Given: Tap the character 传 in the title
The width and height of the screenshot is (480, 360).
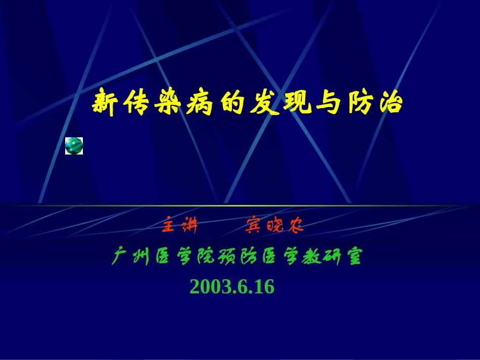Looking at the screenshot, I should pyautogui.click(x=138, y=103).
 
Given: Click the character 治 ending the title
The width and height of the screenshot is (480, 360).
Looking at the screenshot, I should pyautogui.click(x=391, y=103).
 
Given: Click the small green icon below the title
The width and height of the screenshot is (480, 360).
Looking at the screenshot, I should pyautogui.click(x=74, y=145).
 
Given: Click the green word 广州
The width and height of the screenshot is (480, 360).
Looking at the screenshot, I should pyautogui.click(x=130, y=258).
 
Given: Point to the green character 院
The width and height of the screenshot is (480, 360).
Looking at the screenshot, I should pyautogui.click(x=205, y=258).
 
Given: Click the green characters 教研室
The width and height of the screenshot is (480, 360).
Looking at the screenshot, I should pyautogui.click(x=331, y=258).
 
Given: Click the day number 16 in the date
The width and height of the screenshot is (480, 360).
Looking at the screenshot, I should pyautogui.click(x=264, y=287).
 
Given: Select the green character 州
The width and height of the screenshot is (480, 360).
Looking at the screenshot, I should pyautogui.click(x=139, y=258).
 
